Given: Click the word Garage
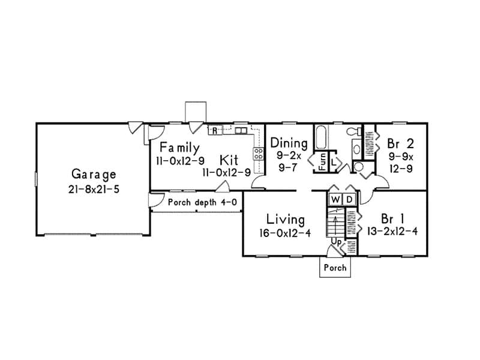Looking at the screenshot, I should point(93,175).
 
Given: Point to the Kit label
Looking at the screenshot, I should point(229,160).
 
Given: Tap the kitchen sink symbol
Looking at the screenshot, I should point(241,130).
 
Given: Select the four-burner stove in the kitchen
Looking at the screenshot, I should point(260,153).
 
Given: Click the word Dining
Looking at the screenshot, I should point(289,143).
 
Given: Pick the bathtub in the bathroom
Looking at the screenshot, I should point(320,139).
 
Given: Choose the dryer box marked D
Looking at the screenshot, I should point(350,198).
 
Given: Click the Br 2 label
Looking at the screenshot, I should point(400,143).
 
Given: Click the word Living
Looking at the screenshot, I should point(286,219).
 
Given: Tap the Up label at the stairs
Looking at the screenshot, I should point(337,241).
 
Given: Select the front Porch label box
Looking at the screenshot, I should point(334,268).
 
